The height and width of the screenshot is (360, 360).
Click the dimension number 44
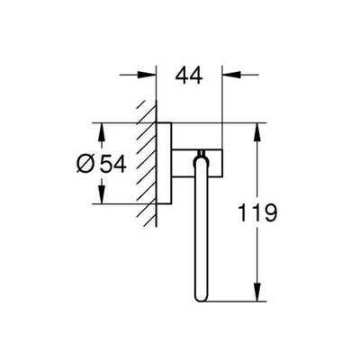[189, 76]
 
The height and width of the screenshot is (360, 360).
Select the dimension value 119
[257, 212]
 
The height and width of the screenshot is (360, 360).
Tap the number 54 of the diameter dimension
[112, 165]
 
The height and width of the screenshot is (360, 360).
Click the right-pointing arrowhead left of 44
[147, 75]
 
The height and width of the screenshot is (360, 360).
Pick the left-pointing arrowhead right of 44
[231, 75]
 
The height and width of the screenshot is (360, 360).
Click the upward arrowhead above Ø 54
[102, 132]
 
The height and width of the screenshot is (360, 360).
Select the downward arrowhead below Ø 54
[102, 194]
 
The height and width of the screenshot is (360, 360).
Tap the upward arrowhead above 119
[257, 132]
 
